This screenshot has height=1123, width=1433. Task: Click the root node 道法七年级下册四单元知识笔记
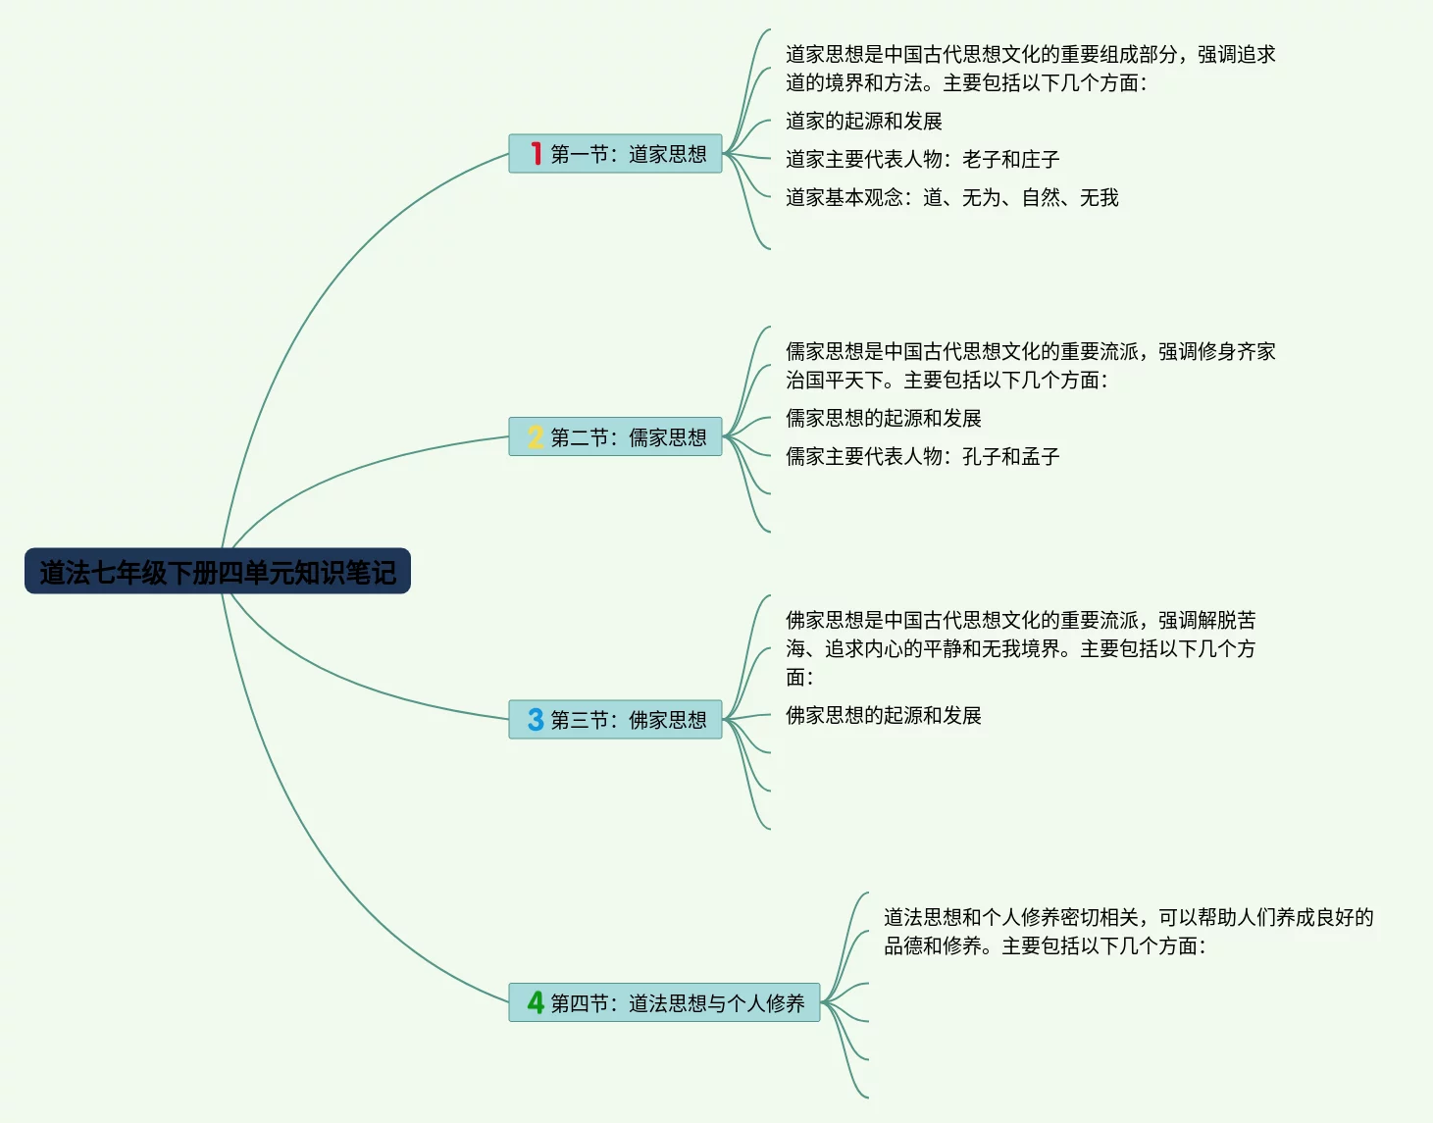click(217, 572)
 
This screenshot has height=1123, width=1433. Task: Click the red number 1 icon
click(536, 154)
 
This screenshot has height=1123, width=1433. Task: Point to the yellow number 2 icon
click(536, 437)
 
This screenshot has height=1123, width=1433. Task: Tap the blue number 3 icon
click(536, 720)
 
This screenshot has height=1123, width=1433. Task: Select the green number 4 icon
click(536, 1002)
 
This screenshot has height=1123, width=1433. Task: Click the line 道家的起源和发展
click(863, 121)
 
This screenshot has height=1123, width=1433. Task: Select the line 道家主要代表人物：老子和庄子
click(922, 159)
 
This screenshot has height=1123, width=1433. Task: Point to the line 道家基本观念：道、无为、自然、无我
click(951, 197)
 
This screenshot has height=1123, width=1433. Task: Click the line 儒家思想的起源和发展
click(883, 418)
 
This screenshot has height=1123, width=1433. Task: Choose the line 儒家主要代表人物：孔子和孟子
click(922, 456)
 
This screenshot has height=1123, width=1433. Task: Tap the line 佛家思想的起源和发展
click(883, 715)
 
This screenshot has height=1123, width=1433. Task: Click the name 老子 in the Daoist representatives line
click(981, 159)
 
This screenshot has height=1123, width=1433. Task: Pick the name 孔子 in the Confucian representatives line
click(981, 456)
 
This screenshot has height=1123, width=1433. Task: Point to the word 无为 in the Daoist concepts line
click(981, 197)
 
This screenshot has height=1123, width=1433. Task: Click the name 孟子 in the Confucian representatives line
click(1041, 456)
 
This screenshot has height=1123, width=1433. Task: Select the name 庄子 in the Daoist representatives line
click(1041, 159)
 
